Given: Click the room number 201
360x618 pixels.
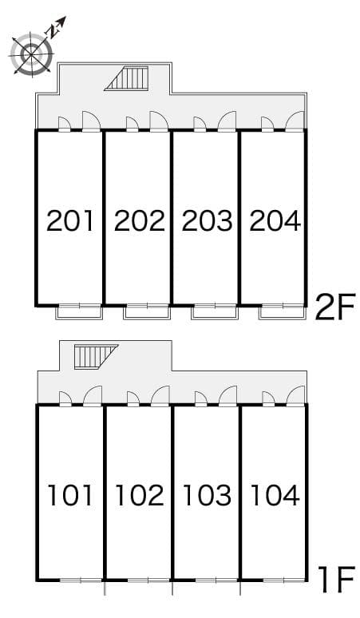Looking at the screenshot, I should click(x=70, y=220).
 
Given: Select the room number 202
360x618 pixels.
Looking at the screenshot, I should click(x=139, y=220).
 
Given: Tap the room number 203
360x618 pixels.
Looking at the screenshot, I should click(x=207, y=220).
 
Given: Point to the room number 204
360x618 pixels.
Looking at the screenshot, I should click(x=275, y=220).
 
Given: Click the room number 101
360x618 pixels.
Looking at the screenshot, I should click(x=70, y=495).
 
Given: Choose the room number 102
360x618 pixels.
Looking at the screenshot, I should click(x=139, y=495).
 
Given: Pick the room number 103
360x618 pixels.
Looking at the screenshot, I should click(x=207, y=495).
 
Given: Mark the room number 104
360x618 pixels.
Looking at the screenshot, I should click(x=275, y=495).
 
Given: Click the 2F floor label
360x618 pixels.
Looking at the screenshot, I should click(x=334, y=307).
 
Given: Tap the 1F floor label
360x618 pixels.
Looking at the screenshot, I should click(x=334, y=581).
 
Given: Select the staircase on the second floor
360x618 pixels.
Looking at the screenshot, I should click(x=128, y=79).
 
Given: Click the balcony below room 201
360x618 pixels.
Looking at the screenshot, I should click(x=78, y=311).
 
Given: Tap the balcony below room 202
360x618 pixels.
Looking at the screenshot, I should click(x=146, y=311).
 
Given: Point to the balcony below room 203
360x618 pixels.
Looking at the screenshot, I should click(x=214, y=311).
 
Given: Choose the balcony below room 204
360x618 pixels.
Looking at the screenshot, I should click(x=282, y=311).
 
